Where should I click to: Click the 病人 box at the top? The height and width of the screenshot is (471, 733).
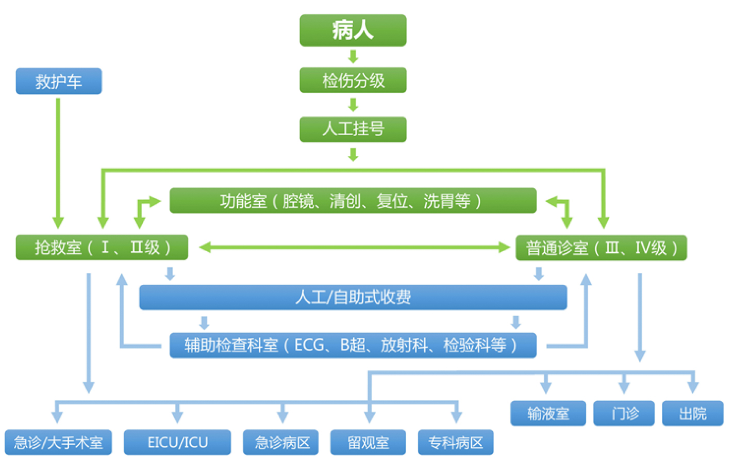pos(353,30)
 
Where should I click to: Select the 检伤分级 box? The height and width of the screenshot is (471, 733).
pos(353,80)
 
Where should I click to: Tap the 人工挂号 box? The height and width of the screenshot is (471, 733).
pos(353,129)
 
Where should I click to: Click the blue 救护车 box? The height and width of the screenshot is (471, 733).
pos(59,82)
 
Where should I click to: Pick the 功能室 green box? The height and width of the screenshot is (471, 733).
pos(353,201)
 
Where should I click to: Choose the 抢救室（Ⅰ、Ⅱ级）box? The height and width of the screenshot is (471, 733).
pos(102,248)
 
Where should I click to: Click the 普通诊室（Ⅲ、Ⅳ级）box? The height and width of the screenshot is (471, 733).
pos(601,248)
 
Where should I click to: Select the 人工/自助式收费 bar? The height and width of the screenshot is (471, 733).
pos(353,297)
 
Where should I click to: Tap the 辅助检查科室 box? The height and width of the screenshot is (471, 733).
pos(353,345)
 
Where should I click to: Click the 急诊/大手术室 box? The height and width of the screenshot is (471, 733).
pos(58,443)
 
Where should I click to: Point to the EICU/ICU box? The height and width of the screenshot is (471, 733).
pos(177,443)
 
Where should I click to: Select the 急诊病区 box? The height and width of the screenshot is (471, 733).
pos(281,443)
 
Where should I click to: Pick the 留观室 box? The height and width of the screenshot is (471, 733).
pos(368,443)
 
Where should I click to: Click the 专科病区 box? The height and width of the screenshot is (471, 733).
pos(456,443)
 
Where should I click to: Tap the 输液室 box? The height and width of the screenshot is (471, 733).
pos(548,413)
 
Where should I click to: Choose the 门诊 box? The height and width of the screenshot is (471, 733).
pos(624,413)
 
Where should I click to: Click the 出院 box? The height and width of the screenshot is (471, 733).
pos(692,413)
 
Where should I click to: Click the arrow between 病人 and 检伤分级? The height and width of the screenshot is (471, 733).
pos(353,56)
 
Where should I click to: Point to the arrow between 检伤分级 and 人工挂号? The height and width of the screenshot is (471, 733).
pos(353,105)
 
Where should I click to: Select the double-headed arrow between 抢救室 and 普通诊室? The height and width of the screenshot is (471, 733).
pos(354,248)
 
